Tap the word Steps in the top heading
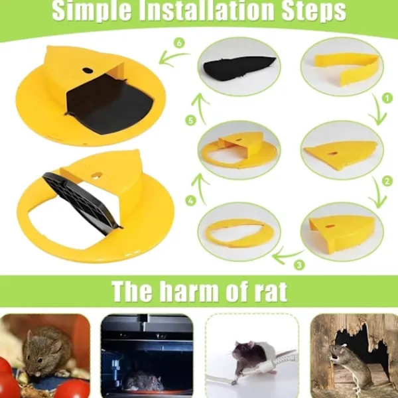(314, 11)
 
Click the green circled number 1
(387, 98)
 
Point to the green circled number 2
(387, 181)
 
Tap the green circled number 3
(299, 265)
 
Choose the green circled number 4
(190, 201)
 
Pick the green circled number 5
(190, 120)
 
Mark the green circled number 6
(179, 42)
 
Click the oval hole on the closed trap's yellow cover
(87, 70)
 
